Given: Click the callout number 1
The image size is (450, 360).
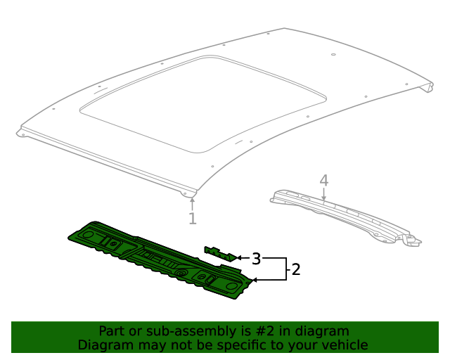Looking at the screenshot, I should coord(192,219).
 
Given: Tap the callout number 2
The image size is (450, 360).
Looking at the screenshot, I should coord(296,269).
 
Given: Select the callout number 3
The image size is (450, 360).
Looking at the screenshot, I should coord(257,259).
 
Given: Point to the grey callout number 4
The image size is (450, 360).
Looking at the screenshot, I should coord(323,181).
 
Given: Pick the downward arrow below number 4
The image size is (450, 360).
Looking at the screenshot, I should coord(323,197).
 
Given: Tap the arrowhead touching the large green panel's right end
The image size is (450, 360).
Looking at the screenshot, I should coord(255,280).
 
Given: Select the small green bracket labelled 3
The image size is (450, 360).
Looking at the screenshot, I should coord(220,252).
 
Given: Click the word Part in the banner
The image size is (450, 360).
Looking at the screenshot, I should coord(112,331).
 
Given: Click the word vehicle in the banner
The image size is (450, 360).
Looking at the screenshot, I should coord(344,345).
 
